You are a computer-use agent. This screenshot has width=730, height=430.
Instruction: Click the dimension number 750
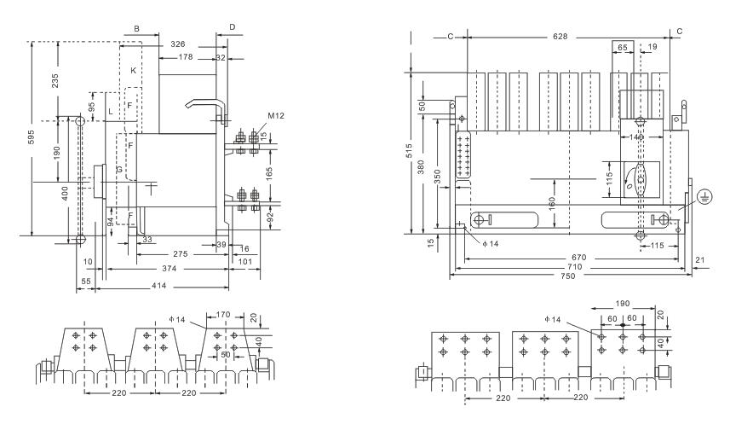tap(570, 278)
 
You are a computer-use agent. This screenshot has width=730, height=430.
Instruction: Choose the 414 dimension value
tap(159, 284)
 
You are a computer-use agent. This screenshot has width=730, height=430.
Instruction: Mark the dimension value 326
tap(177, 44)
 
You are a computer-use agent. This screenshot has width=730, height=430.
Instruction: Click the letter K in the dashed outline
tap(133, 70)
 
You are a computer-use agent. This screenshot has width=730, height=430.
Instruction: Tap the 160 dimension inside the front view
tap(554, 204)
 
